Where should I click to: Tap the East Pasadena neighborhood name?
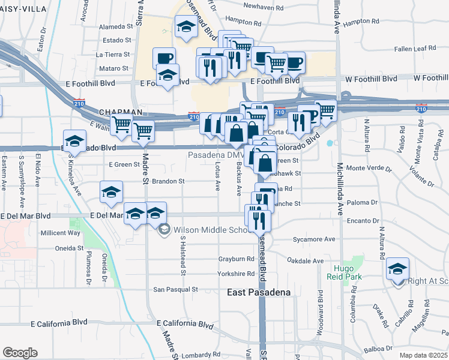(x=259, y=292)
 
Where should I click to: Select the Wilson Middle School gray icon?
(x=164, y=229)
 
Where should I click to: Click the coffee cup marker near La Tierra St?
(x=164, y=58)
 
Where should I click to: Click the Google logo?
(x=20, y=353)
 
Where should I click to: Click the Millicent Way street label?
(x=60, y=233)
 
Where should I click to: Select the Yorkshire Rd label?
(x=237, y=274)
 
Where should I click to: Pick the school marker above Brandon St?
(x=112, y=191)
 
